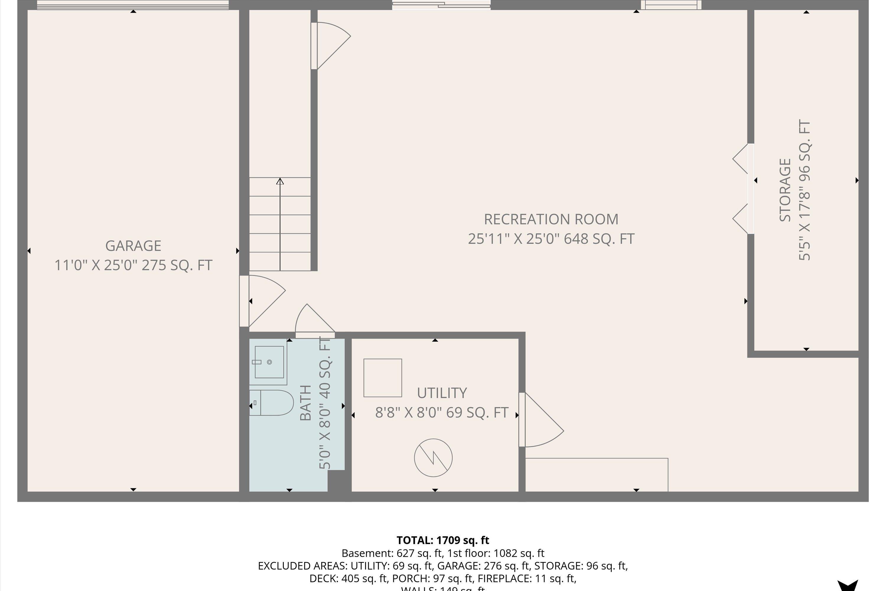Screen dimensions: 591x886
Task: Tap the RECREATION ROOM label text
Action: point(551,219)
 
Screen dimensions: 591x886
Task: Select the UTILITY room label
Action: point(442,393)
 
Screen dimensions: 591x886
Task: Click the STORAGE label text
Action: point(785,190)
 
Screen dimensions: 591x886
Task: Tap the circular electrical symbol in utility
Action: point(433,457)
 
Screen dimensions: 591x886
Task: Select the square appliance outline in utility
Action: point(382,378)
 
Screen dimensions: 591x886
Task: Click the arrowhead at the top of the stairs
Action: point(280,181)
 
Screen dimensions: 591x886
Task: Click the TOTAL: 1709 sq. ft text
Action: point(443,540)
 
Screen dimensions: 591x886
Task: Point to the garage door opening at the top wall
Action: point(133,5)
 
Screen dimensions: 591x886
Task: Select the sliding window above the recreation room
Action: point(441,5)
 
